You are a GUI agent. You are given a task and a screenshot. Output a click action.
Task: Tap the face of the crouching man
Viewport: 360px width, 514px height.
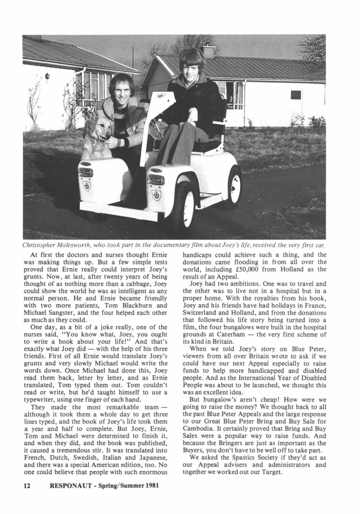pyautogui.click(x=121, y=88)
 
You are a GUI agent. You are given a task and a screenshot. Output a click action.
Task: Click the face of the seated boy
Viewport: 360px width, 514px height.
pyautogui.click(x=191, y=65)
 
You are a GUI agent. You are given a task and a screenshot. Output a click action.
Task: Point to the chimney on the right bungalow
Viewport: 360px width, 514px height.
pyautogui.click(x=209, y=51)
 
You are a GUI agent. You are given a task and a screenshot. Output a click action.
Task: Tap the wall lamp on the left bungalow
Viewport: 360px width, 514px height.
pyautogui.click(x=47, y=77)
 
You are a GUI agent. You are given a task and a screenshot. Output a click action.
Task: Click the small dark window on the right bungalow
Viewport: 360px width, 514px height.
pyautogui.click(x=296, y=94)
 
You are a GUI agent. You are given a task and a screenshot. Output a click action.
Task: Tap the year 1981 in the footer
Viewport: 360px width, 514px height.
pyautogui.click(x=148, y=486)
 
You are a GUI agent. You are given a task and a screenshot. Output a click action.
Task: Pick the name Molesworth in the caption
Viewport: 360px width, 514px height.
pyautogui.click(x=82, y=245)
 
